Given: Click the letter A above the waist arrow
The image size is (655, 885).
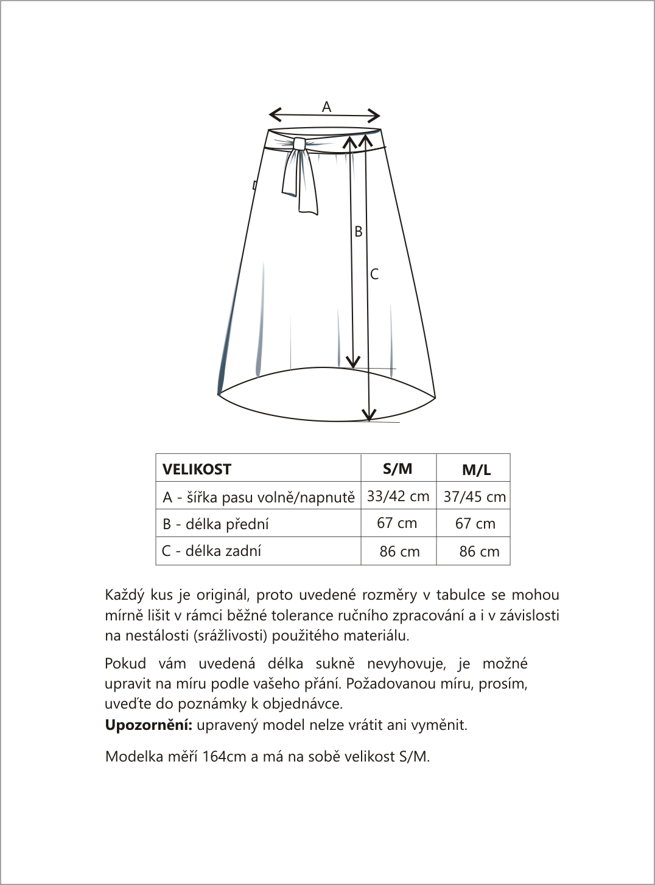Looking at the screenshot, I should coord(326,107).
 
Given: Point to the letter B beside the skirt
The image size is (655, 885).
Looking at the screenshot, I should coord(359,232).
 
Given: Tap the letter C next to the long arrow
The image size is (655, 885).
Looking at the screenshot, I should coord(374,274).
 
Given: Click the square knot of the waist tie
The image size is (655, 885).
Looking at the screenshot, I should coord(299,144).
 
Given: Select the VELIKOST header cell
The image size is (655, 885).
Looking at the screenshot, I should coord(197,470).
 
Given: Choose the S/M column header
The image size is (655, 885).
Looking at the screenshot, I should coord(398,468).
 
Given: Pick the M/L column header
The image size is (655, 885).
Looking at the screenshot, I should coord(476,470).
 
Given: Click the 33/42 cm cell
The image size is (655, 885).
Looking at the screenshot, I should coord(398,496).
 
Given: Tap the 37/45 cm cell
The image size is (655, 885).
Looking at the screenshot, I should coord(475,497).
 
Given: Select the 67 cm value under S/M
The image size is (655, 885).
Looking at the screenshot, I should coord(397,523).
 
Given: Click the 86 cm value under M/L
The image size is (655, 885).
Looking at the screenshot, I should coord(479,552).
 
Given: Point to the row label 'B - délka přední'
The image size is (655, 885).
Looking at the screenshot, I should coord(215,524).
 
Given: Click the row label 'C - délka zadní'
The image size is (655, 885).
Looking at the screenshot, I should coord(211,551).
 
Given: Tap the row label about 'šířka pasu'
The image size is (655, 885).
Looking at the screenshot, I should coord(258,498).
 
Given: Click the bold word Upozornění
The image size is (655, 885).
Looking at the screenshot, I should coord(149,725).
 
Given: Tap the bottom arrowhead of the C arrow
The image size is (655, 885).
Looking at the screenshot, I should coord(369,417).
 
